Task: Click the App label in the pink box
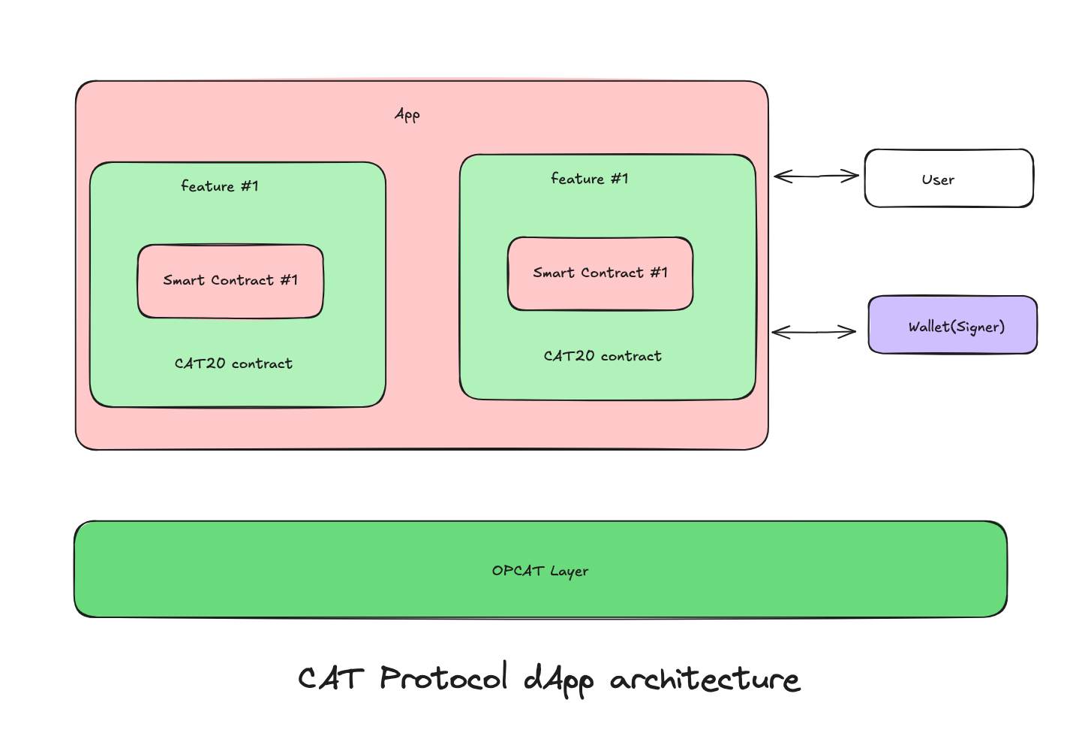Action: point(407,114)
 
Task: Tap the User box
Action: point(948,179)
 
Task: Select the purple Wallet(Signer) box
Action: point(952,325)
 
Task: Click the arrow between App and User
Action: point(816,176)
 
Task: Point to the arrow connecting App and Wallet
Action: point(814,332)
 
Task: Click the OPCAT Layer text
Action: point(540,571)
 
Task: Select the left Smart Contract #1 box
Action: point(230,281)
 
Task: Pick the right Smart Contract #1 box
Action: point(600,273)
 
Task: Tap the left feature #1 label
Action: point(220,186)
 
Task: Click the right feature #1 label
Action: point(590,179)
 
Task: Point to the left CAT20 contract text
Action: point(233,363)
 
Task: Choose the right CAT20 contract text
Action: point(603,356)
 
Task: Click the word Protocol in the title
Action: point(443,678)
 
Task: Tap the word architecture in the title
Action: point(705,680)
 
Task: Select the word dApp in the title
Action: point(559,680)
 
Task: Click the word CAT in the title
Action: point(331,679)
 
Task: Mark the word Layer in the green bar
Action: point(570,572)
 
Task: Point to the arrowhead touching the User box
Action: point(852,176)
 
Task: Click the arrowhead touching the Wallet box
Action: point(849,332)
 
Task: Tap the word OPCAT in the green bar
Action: point(518,571)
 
